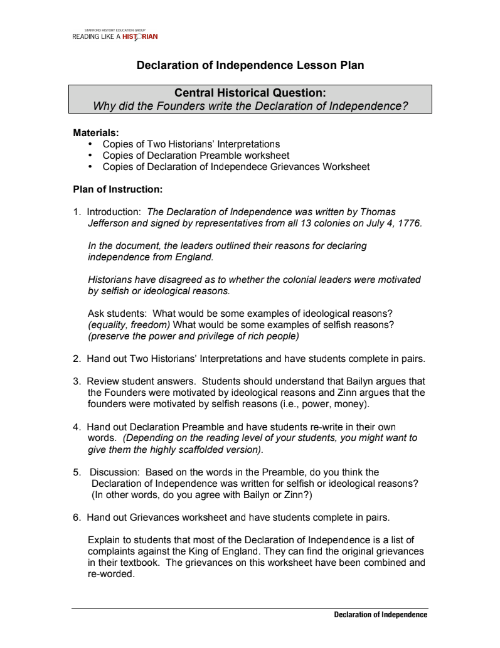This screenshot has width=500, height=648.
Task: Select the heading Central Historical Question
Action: click(x=250, y=93)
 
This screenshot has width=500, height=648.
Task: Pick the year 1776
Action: click(x=409, y=223)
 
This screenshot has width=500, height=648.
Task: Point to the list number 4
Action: click(x=77, y=427)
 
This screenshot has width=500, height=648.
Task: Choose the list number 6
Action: click(x=77, y=518)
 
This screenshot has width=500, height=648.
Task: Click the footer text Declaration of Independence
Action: click(x=380, y=615)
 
